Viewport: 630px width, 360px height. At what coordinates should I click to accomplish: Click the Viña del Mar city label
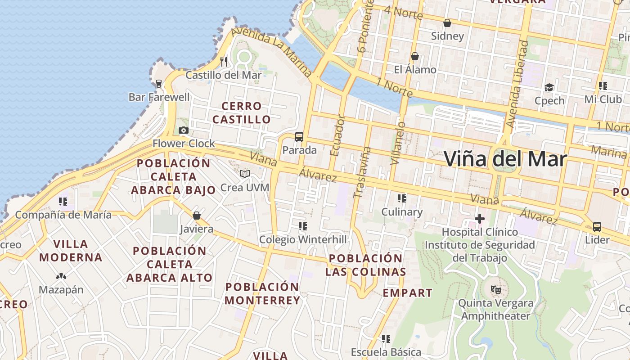click(505, 159)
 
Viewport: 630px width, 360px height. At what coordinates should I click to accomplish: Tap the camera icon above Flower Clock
click(183, 130)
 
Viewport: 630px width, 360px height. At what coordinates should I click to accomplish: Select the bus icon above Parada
click(299, 136)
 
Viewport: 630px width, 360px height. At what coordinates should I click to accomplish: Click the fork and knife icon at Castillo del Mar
click(223, 61)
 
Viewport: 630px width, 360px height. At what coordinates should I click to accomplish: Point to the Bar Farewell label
click(159, 97)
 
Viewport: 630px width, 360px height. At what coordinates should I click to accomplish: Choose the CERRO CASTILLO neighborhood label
click(242, 113)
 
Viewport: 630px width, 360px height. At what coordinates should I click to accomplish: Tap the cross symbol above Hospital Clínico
click(480, 219)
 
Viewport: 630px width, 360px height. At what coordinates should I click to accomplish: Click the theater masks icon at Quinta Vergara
click(496, 290)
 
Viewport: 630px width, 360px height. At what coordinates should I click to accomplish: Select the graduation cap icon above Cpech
click(549, 87)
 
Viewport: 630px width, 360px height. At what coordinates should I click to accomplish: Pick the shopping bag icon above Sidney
click(447, 23)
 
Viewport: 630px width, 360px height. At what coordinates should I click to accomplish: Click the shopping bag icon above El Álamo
click(415, 57)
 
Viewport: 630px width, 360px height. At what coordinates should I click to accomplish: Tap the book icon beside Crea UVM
click(245, 174)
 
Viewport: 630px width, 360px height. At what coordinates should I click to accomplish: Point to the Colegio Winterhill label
click(303, 240)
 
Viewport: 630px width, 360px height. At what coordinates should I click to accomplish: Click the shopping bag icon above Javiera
click(196, 216)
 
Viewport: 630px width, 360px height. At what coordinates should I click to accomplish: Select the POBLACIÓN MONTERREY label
click(262, 293)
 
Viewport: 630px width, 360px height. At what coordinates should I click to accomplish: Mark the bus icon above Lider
click(597, 226)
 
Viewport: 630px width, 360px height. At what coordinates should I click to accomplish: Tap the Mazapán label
click(61, 289)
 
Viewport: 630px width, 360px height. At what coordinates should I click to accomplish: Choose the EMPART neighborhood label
click(408, 293)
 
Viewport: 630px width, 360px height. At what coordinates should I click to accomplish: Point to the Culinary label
click(402, 212)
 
